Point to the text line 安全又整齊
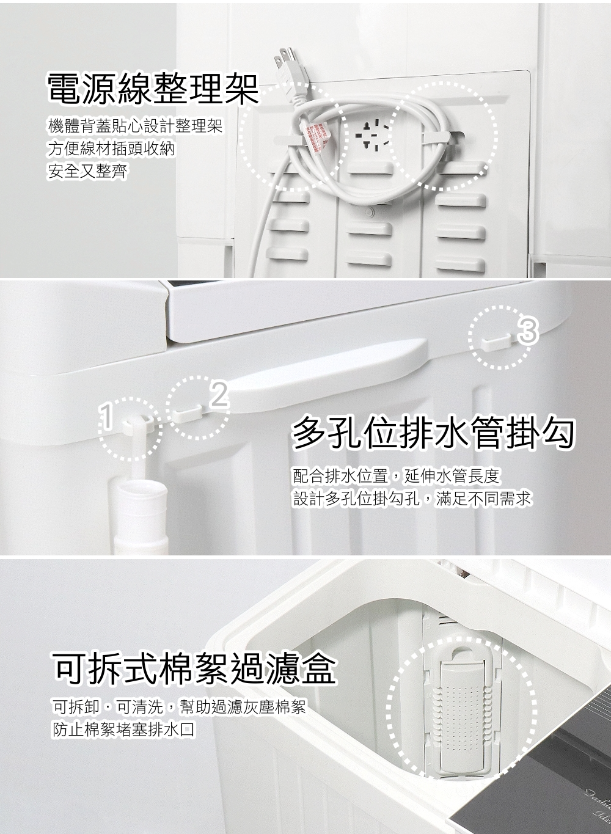88,171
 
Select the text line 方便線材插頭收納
111,148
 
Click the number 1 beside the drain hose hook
106,417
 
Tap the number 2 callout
219,394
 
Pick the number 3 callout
528,331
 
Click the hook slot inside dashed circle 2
189,412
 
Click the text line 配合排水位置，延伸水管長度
396,476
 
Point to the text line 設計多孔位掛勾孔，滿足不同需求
412,499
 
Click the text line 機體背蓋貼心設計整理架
136,126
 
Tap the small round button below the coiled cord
369,212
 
